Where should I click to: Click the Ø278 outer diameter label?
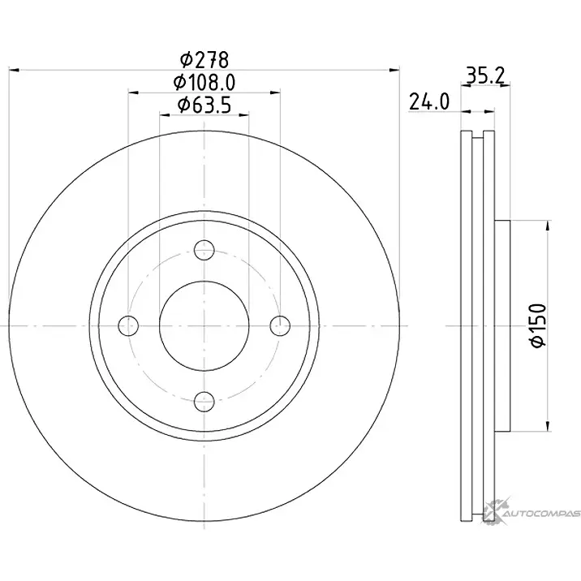[x=204, y=60]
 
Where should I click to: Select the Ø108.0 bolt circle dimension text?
[x=204, y=83]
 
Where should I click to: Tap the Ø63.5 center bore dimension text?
[x=204, y=105]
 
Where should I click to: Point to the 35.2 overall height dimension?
[x=485, y=76]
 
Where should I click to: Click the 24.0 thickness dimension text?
[x=429, y=101]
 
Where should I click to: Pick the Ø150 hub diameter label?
[x=539, y=325]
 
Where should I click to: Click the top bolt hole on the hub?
[x=204, y=250]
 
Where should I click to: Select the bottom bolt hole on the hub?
[x=204, y=402]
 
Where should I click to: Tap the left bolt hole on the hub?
[x=128, y=325]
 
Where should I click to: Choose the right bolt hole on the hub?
[x=280, y=325]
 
